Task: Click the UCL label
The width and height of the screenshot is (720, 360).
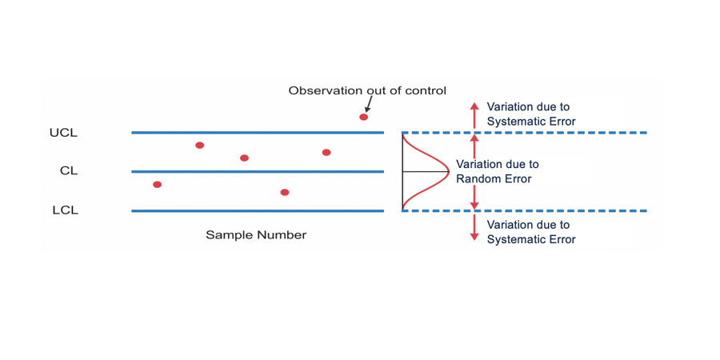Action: coord(63,133)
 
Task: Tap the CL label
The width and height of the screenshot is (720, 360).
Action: coord(69,171)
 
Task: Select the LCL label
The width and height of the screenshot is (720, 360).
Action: coord(65,210)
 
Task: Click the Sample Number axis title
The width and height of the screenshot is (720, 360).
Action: coord(256,235)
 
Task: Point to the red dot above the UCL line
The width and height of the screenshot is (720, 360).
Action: coord(364,118)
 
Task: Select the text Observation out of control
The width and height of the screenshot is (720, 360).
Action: coord(367,90)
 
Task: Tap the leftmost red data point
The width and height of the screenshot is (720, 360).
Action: coord(158,185)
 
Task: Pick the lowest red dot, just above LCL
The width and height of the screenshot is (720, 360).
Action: coord(285,193)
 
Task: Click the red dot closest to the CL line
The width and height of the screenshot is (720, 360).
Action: coord(245,158)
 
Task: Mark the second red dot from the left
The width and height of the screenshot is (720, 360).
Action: coord(200,146)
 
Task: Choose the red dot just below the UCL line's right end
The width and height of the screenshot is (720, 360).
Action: coord(326,153)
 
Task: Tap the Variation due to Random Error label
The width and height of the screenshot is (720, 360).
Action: coord(497,172)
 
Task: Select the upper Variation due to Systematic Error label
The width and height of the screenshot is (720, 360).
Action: coord(530,114)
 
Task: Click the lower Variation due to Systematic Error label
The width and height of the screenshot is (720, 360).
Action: coord(530,232)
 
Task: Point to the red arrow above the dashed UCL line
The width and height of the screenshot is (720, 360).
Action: coord(474,114)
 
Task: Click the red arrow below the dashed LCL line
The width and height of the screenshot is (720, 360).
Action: coord(474,228)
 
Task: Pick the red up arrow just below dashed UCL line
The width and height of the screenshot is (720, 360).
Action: coord(474,146)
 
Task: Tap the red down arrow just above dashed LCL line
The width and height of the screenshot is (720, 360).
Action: coord(474,197)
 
